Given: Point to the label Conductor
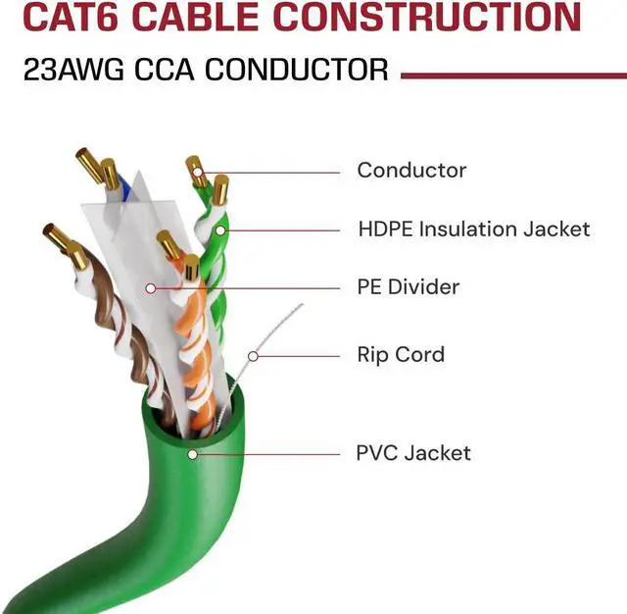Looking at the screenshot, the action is pos(411,170).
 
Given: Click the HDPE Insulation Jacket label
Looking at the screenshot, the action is pos(474,230).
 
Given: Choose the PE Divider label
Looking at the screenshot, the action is pos(408,287).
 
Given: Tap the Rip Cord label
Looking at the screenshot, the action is pos(401,354).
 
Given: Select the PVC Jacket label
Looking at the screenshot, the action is pos(413,453).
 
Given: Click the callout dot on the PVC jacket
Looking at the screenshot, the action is pos(193,454).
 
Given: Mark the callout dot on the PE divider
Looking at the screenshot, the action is pos(150,288).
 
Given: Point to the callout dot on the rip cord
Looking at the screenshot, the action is pos(253,355).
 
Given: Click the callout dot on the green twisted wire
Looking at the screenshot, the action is pos(221,230).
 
